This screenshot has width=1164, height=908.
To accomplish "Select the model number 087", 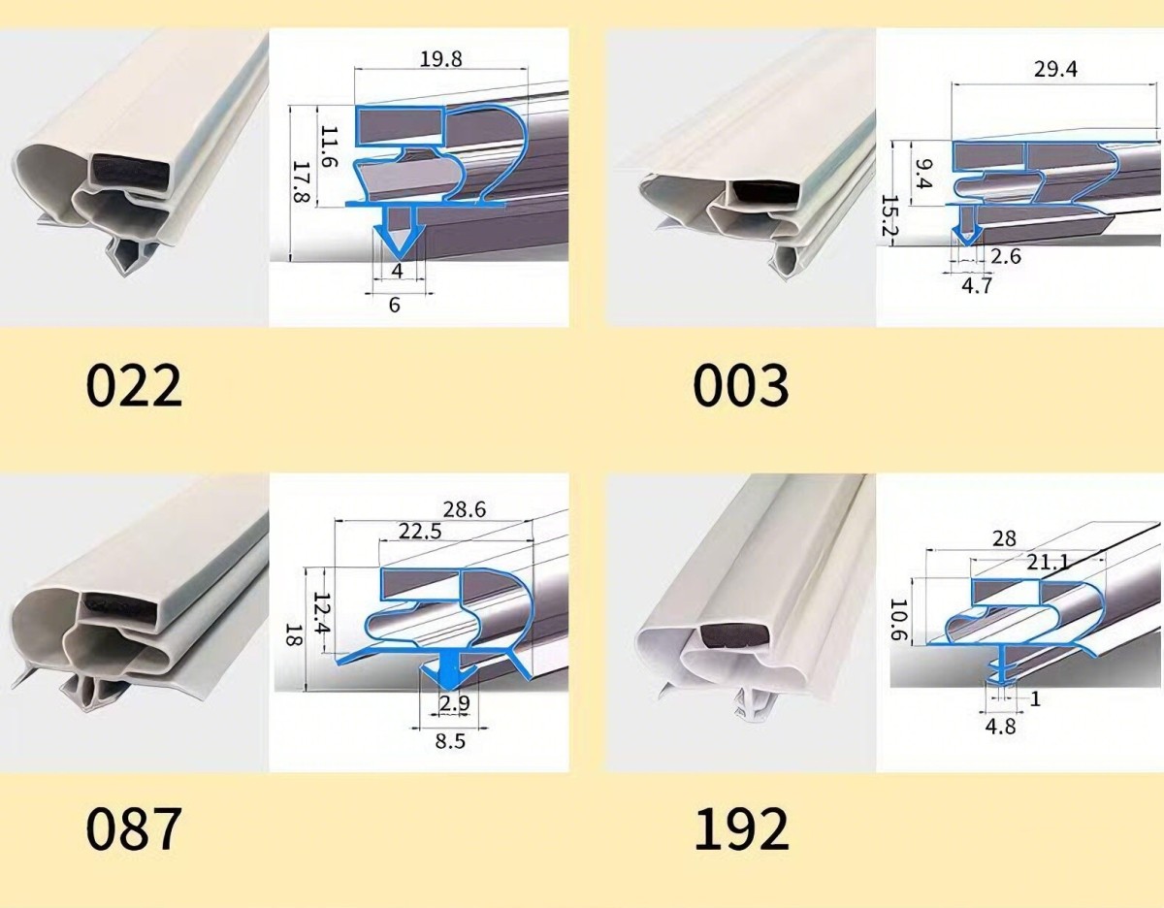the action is click(x=134, y=829).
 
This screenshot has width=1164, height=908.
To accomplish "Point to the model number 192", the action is click(x=742, y=829).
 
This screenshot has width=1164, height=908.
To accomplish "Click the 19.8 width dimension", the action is click(x=440, y=59).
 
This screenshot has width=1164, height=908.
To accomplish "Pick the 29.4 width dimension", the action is click(x=1055, y=70).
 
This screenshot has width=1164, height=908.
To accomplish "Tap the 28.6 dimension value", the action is click(x=465, y=509).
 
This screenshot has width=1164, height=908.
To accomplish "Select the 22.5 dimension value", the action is click(x=420, y=532).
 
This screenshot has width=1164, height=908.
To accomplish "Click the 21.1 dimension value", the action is click(x=1048, y=562).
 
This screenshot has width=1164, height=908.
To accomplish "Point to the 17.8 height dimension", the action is click(x=302, y=182).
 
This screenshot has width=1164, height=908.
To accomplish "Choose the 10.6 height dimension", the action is click(x=898, y=619).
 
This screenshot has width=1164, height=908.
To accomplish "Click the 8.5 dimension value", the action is click(x=450, y=742).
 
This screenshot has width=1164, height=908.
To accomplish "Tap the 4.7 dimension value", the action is click(x=977, y=285).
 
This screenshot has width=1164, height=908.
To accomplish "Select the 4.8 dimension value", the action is click(x=1000, y=727).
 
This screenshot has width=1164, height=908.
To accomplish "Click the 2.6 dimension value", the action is click(x=1006, y=257).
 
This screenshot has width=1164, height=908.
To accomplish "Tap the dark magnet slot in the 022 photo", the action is click(x=131, y=174).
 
